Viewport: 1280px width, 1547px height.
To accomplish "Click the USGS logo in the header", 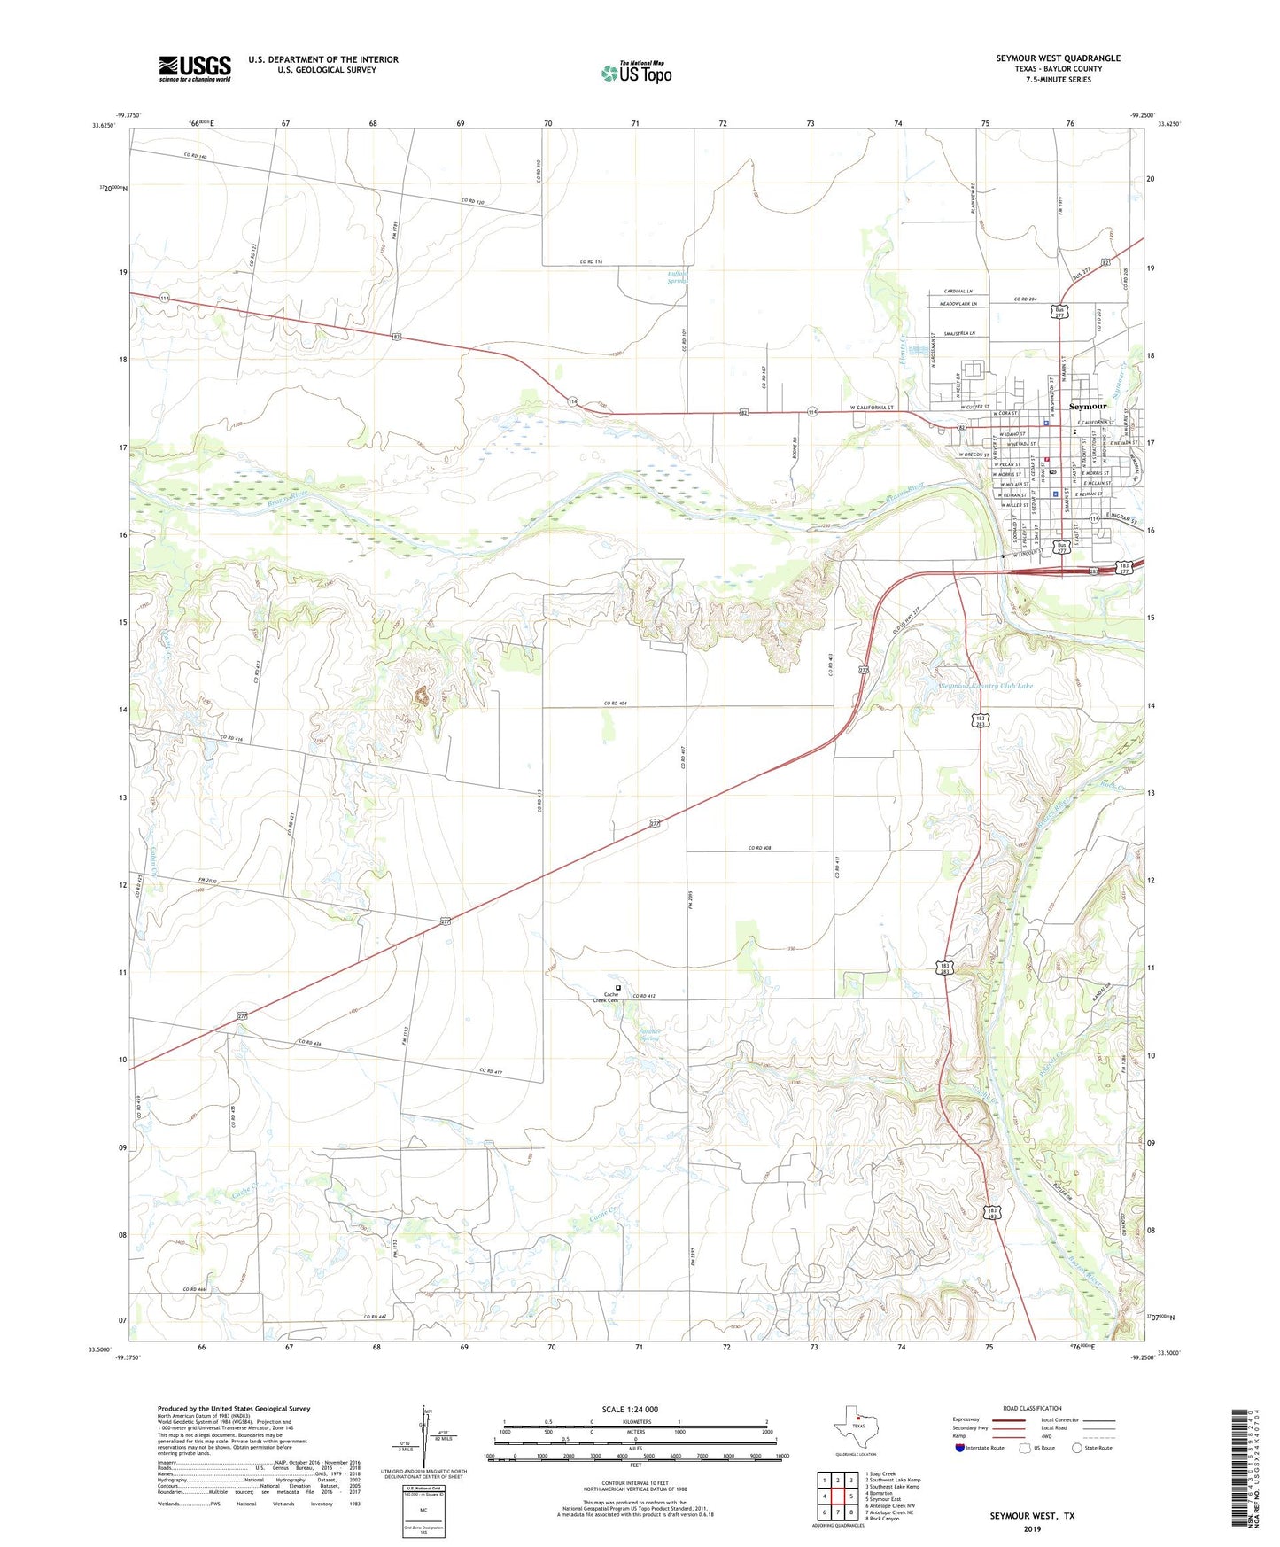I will pos(195,68).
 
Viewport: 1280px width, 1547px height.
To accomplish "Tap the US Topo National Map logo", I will pos(637,72).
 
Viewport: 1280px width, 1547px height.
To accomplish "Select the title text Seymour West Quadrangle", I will pos(1058,58).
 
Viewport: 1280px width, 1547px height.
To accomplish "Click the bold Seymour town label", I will pos(1088,406).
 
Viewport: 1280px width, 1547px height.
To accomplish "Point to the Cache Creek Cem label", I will pos(611,997).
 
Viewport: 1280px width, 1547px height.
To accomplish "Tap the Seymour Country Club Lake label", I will pos(986,686).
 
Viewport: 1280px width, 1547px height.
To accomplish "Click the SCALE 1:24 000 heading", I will pos(630,1410).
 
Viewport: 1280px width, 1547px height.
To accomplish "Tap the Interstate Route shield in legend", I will pos(961,1448).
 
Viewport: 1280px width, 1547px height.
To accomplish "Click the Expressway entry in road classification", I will pos(966,1419).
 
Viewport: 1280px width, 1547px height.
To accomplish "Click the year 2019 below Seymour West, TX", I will pos(1032,1528).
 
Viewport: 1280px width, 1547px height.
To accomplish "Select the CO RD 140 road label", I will pos(196,157).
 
